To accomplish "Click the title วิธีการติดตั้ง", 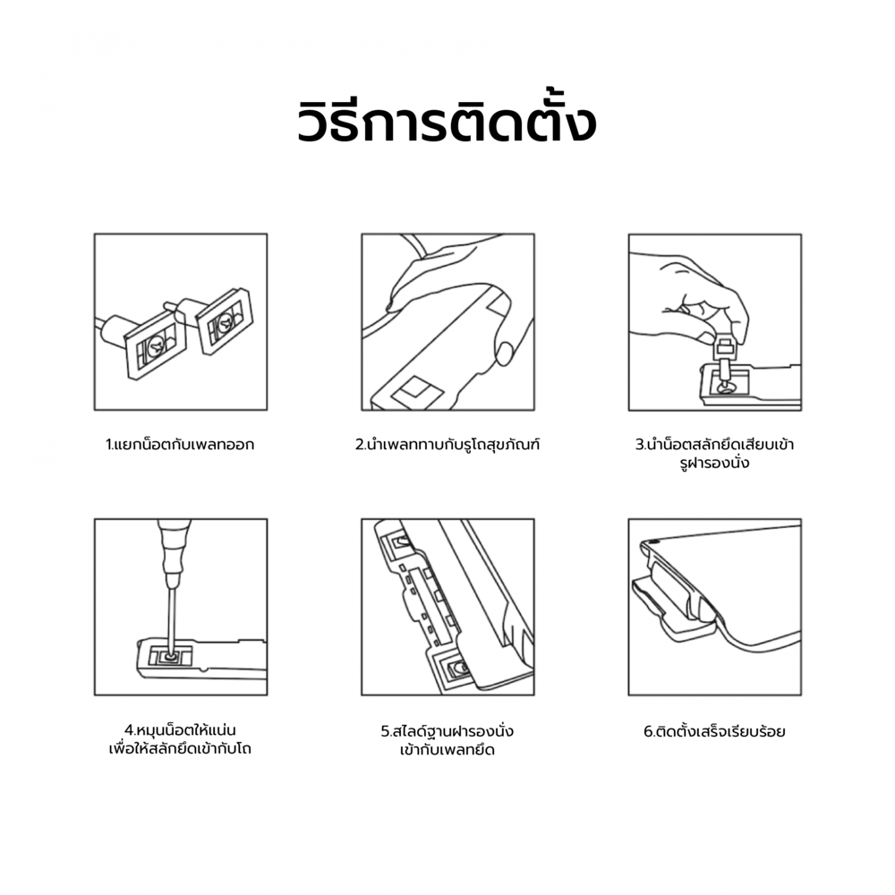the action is click(447, 121).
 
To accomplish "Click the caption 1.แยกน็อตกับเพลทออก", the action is click(180, 445).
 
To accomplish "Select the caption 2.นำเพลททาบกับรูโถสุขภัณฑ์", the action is click(447, 444).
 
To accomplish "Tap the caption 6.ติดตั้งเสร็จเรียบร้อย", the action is click(714, 731).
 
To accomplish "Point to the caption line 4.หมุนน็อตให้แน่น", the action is click(181, 730).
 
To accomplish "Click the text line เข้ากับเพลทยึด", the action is click(447, 750).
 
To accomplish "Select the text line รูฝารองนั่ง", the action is click(714, 463).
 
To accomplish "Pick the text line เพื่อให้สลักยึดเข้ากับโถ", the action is click(180, 749).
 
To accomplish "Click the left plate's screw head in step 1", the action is click(156, 345).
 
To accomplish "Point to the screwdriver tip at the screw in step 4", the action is click(170, 656).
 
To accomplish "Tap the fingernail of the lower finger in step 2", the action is click(504, 354).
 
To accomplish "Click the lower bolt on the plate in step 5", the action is click(457, 668).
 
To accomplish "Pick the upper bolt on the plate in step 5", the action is click(402, 540).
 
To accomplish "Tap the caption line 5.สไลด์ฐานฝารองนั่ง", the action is click(447, 731).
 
